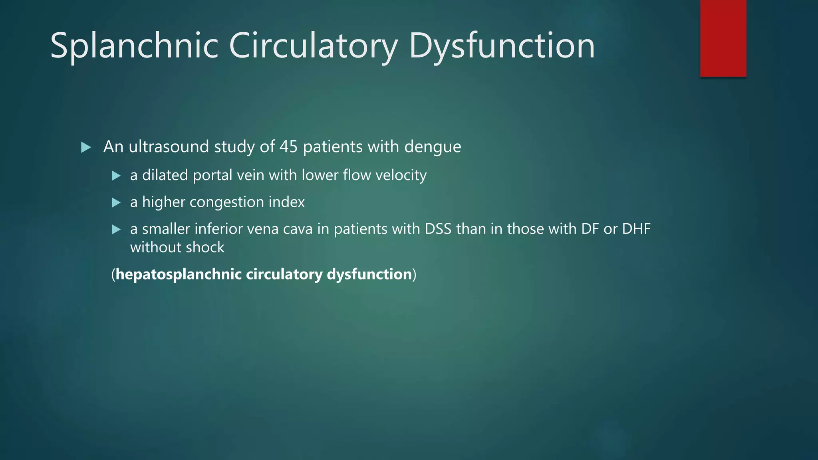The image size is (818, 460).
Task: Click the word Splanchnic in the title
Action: tap(134, 46)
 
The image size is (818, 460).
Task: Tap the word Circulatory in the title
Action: tap(313, 46)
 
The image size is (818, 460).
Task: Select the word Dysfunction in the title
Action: tap(502, 46)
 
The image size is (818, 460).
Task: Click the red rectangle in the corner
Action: tap(723, 38)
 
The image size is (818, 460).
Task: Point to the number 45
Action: tap(288, 147)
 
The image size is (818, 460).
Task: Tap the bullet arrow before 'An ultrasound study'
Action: tap(86, 147)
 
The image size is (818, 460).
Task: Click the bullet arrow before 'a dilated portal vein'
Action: tap(116, 176)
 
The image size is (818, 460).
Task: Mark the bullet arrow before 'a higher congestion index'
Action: tap(116, 202)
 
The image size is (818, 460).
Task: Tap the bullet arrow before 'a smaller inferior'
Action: tap(116, 230)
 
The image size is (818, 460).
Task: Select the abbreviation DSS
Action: tap(438, 229)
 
